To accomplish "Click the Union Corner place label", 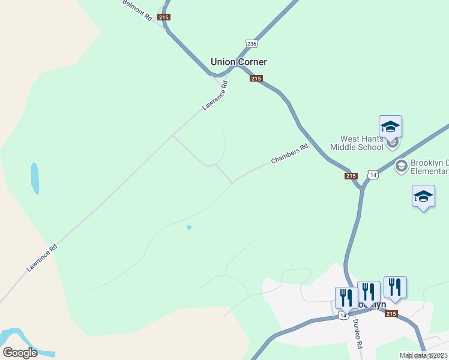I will (x=238, y=62).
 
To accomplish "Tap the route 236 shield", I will (x=252, y=44).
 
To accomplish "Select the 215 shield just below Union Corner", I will (x=256, y=79).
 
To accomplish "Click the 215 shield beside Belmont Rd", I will (x=164, y=17).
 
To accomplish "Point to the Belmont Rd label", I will (x=137, y=10).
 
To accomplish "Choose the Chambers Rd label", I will (x=289, y=153).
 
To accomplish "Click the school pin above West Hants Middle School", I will (x=390, y=127).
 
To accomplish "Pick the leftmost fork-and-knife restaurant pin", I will (x=346, y=298).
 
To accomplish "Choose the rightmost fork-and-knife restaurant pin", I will (x=395, y=287).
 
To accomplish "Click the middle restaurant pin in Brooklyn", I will (x=369, y=292).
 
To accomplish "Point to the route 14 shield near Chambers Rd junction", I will (x=373, y=175).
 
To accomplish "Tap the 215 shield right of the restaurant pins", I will (x=391, y=313).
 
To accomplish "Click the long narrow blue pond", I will (x=35, y=178).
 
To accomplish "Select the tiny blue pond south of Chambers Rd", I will (x=189, y=227).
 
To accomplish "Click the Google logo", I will (x=20, y=353).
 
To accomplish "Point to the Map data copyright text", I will (x=423, y=355).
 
